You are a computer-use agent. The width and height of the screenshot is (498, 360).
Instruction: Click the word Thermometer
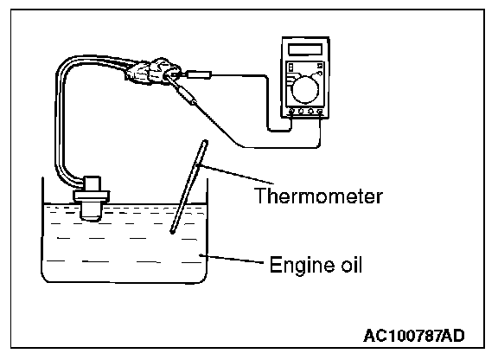click(318, 196)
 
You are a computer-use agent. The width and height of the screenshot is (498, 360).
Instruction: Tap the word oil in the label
click(351, 264)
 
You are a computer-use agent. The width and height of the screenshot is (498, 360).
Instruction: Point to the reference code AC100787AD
click(414, 336)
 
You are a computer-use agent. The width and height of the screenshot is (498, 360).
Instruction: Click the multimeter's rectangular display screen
click(305, 49)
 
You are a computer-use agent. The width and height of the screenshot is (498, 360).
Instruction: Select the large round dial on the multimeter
click(305, 90)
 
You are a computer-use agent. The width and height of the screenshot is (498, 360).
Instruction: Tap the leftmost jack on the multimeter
click(291, 112)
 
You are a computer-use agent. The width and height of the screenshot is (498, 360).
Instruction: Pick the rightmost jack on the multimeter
click(320, 112)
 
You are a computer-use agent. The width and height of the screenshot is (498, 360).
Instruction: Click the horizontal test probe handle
click(199, 75)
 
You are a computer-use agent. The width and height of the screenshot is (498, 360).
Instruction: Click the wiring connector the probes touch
click(153, 73)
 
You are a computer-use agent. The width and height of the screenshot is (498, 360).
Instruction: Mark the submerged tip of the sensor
click(91, 212)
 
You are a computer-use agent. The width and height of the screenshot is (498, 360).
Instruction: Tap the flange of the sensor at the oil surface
click(92, 196)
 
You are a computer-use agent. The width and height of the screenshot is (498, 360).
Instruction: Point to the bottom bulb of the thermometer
click(172, 232)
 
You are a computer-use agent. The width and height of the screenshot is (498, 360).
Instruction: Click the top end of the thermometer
click(205, 142)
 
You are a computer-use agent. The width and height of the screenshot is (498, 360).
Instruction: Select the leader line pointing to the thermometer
click(235, 174)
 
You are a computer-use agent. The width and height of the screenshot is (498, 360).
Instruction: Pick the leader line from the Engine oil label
click(232, 259)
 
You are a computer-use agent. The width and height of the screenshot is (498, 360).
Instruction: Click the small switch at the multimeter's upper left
click(290, 67)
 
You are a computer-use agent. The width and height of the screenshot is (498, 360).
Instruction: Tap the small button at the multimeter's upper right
click(320, 66)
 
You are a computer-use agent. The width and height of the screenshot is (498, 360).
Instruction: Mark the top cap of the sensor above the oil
click(92, 183)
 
